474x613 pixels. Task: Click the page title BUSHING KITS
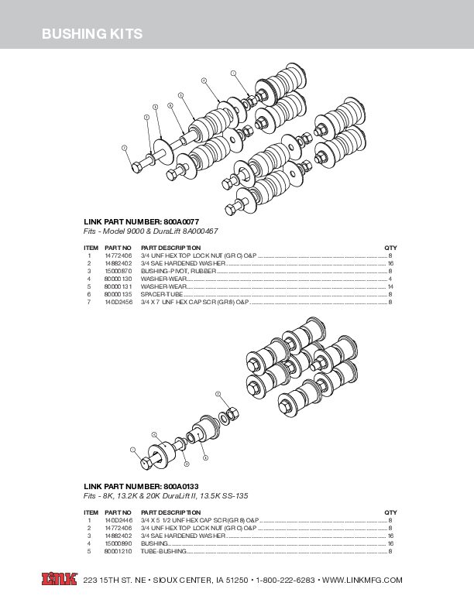[x=91, y=34]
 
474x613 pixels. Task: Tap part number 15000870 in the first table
[x=118, y=271]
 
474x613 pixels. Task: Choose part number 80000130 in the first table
[x=118, y=279]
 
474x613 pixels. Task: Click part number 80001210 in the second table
[x=118, y=551]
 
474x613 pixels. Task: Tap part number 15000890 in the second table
[x=118, y=543]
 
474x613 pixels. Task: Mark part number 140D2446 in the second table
[x=118, y=520]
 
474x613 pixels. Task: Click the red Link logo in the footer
[x=60, y=579]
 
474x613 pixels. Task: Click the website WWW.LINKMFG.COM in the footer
[x=362, y=580]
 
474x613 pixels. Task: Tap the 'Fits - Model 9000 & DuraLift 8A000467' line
[x=151, y=231]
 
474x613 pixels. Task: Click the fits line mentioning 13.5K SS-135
[x=166, y=495]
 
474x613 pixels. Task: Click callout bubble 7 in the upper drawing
[x=125, y=147]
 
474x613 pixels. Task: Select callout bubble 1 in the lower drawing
[x=132, y=449]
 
